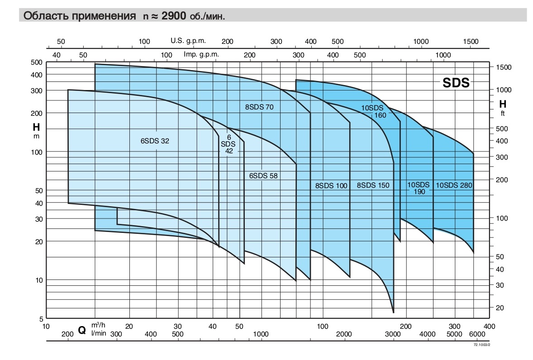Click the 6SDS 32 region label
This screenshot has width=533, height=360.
point(155,141)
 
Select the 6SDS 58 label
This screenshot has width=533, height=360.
point(263,176)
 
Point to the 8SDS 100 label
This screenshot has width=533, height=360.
point(332,185)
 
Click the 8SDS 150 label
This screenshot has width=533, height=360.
point(373,185)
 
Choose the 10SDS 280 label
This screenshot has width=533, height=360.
point(454,185)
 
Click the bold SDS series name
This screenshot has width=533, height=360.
point(456,83)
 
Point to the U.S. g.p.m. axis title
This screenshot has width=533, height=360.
point(188,40)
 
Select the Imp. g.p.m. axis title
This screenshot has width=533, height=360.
point(201,54)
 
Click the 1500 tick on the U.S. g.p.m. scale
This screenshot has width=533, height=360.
point(471,42)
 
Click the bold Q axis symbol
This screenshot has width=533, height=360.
point(82,330)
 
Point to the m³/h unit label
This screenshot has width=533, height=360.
point(98,325)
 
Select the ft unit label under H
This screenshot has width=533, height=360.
point(502,114)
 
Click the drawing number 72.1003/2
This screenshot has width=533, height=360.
point(482,344)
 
